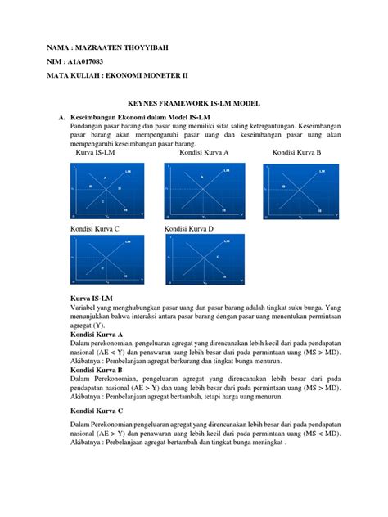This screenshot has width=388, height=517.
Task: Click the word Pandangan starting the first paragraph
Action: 88,127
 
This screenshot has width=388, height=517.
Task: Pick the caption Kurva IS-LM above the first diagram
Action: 97,153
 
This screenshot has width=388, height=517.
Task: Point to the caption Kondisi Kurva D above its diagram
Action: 189,229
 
